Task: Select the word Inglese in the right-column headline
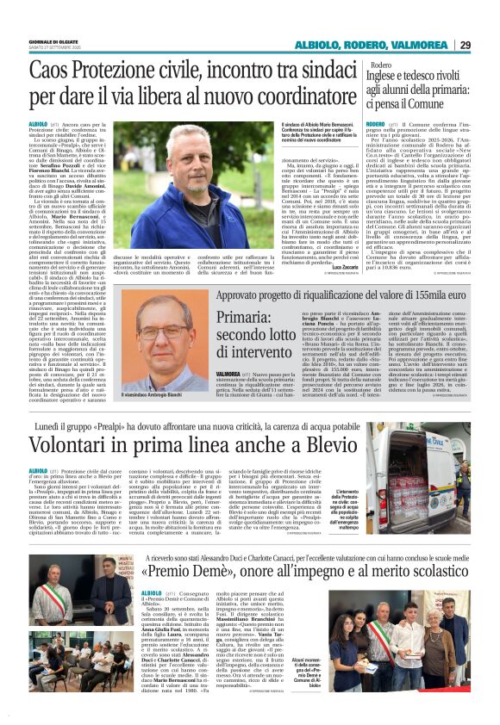(393, 80)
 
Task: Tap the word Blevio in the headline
(318, 446)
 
